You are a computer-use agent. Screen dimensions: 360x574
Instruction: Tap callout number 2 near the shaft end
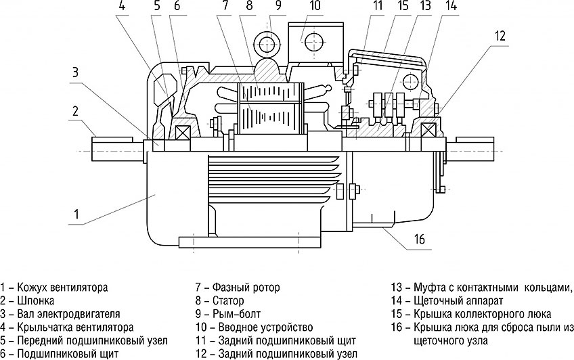(x=76, y=111)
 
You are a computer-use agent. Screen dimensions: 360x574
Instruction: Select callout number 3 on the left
(x=76, y=72)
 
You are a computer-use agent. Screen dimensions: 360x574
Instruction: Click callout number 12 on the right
(x=499, y=36)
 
